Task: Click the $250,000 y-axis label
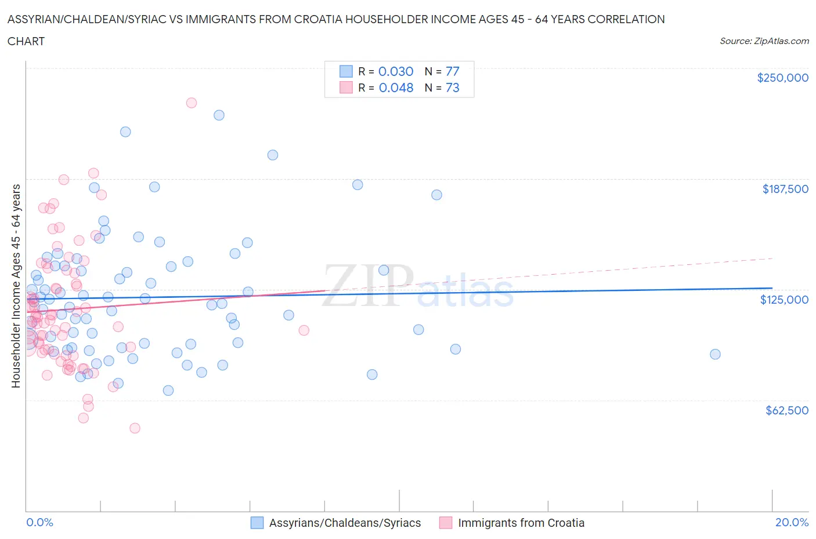tap(782, 78)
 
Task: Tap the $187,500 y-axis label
tap(785, 189)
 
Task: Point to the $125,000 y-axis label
tap(784, 300)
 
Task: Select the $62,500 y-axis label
tap(786, 410)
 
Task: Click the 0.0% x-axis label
tap(39, 522)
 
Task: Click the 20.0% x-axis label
tap(792, 522)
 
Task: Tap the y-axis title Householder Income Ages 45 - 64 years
tap(16, 286)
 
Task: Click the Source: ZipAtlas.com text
tap(764, 41)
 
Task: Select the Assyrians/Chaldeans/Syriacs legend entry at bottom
tap(336, 523)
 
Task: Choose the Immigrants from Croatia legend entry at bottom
tap(512, 523)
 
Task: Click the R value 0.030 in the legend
tap(396, 71)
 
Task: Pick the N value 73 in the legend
tap(452, 88)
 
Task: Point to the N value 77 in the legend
tap(452, 71)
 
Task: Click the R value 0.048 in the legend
tap(396, 88)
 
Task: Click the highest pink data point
tap(191, 103)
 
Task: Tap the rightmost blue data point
tap(715, 354)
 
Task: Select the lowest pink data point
tap(135, 428)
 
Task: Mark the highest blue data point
tap(219, 115)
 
